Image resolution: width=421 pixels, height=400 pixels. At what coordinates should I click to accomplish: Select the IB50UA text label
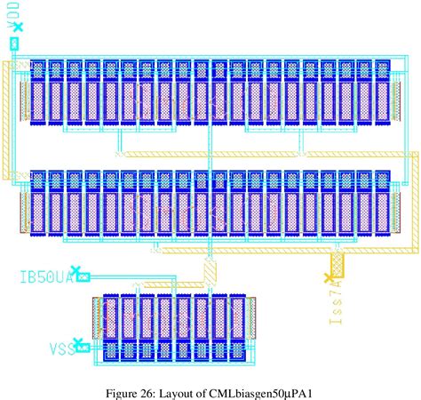(x=44, y=276)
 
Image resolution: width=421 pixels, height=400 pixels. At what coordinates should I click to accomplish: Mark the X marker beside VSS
(x=78, y=342)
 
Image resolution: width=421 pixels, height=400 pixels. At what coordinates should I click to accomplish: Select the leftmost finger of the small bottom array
(x=111, y=326)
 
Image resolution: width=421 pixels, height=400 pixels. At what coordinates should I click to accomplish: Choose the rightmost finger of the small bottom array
(x=237, y=326)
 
